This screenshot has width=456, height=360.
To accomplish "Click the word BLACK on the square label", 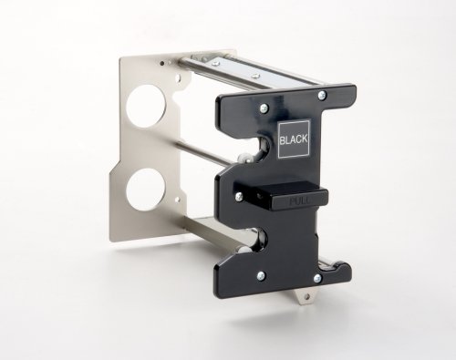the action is (x=294, y=139).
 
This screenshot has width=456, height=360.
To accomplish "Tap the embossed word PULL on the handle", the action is (x=299, y=201).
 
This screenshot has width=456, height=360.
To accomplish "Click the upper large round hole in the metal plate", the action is (x=147, y=106).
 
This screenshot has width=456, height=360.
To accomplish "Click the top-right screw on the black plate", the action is (x=322, y=96).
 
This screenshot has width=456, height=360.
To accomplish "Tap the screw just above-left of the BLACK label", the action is (x=264, y=107).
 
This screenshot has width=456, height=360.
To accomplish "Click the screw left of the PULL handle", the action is (x=239, y=196).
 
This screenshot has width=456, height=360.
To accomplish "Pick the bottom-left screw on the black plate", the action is (x=261, y=276).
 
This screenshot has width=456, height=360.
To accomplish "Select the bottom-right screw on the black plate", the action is (x=317, y=277).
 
